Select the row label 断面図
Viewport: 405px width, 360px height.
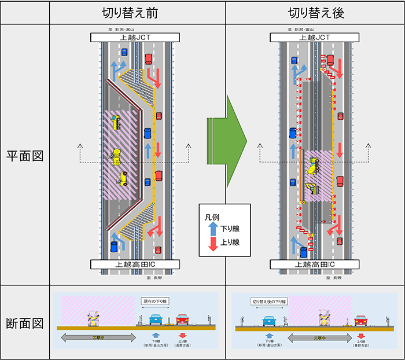[x=25, y=322]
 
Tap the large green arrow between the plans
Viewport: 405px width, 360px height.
[x=227, y=139]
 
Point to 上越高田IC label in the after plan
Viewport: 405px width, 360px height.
[x=315, y=265]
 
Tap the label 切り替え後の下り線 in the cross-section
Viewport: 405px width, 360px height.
[x=269, y=302]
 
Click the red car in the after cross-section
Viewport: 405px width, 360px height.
[x=362, y=320]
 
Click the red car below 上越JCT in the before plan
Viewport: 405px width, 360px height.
[x=149, y=58]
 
